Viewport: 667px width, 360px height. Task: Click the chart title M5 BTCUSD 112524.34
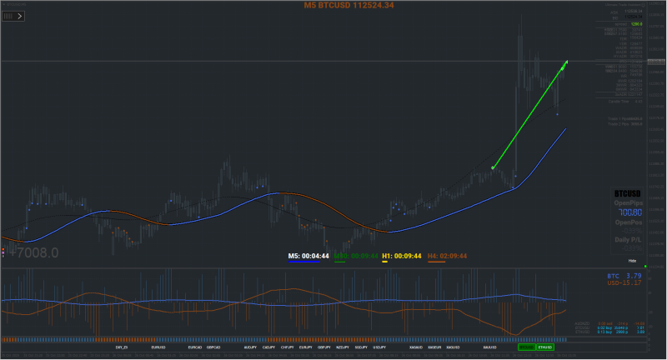(x=349, y=6)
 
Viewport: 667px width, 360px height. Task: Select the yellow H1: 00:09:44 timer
(x=401, y=256)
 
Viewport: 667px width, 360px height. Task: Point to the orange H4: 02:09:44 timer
(x=447, y=256)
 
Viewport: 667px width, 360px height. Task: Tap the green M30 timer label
(x=356, y=256)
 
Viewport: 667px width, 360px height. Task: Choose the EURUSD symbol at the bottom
(x=158, y=347)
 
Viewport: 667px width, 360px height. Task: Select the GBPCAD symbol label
(x=214, y=347)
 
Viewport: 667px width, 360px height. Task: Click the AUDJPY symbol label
(x=250, y=347)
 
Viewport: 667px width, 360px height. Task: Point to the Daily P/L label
(x=629, y=239)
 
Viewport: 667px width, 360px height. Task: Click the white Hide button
(x=633, y=261)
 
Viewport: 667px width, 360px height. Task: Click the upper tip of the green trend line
(x=567, y=61)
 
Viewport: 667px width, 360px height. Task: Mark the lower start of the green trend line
(x=494, y=167)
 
